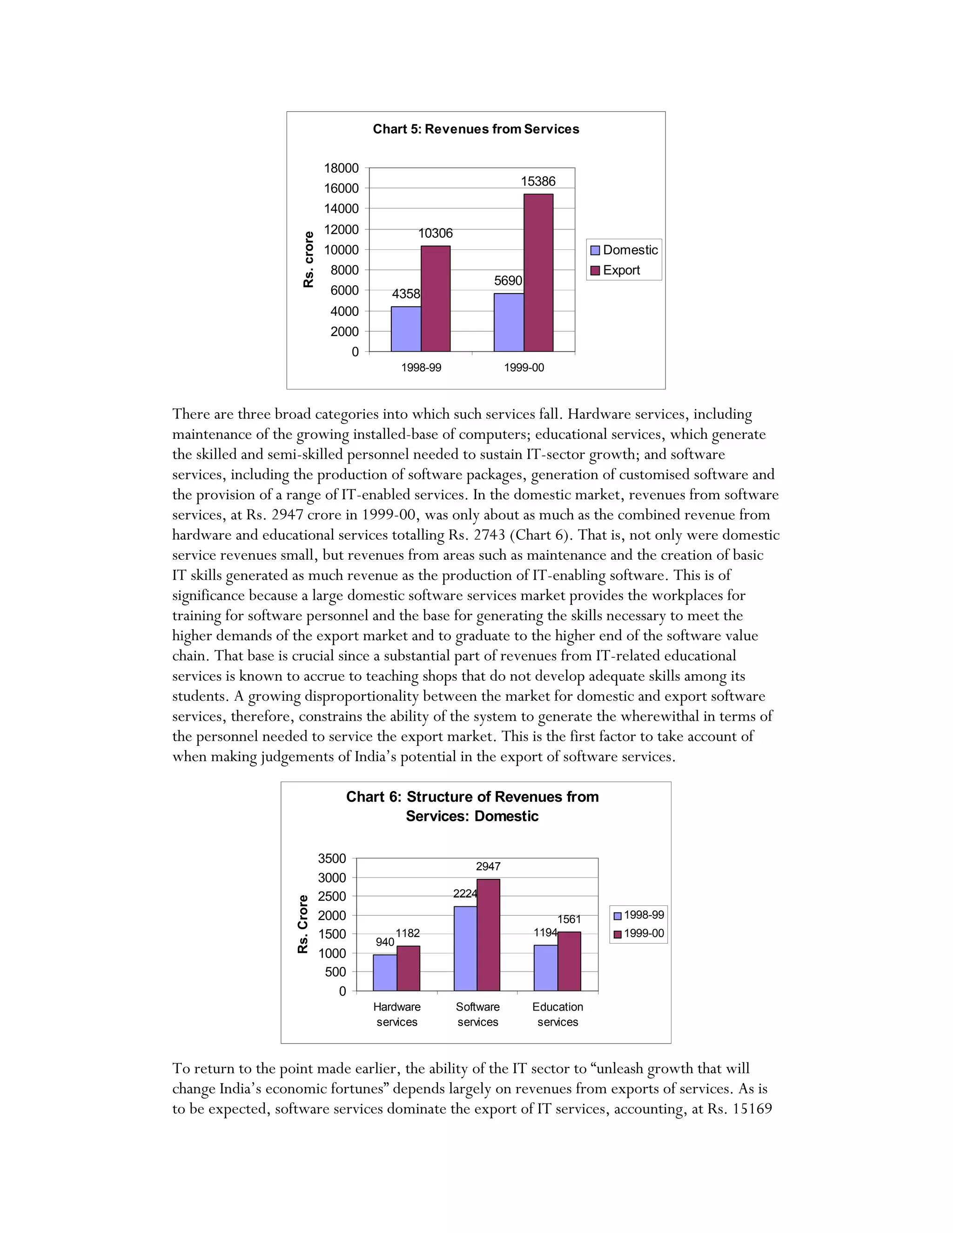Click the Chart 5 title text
[476, 129]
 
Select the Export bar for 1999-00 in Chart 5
[538, 273]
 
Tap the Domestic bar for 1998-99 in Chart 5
[405, 328]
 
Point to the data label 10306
[435, 233]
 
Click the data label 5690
[508, 281]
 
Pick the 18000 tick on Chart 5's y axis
[341, 168]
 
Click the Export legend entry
[621, 270]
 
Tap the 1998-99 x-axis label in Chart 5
[421, 368]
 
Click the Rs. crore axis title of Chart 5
[308, 260]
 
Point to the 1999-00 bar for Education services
[569, 961]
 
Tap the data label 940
[384, 942]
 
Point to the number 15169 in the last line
[752, 1109]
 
